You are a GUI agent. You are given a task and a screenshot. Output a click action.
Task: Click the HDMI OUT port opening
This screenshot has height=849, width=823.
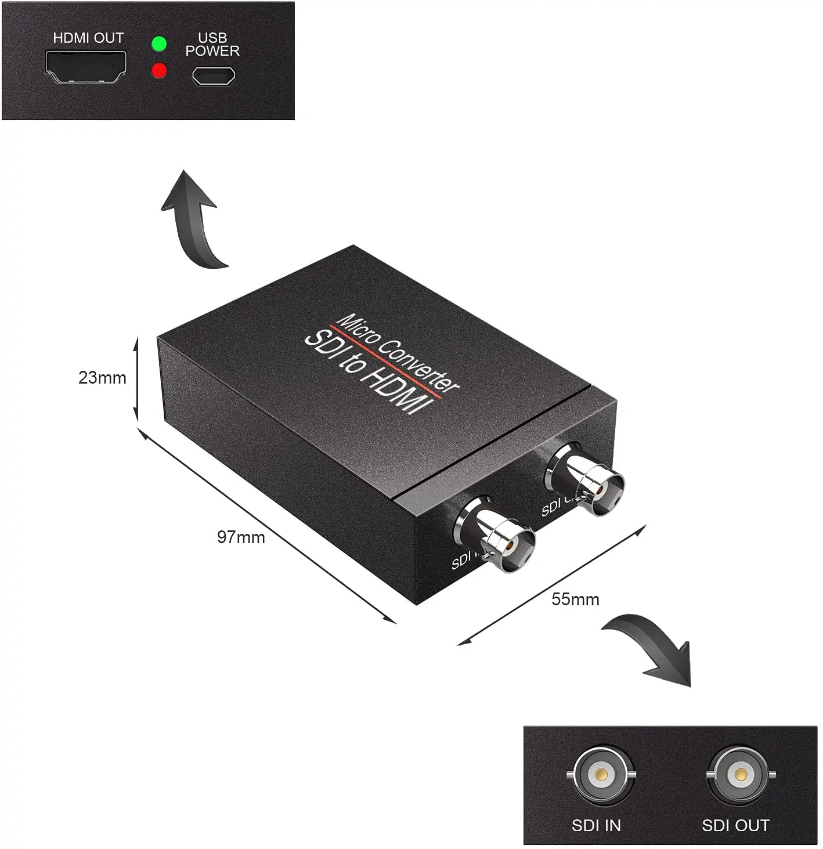(86, 66)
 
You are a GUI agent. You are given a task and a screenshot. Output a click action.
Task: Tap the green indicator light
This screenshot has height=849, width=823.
(158, 44)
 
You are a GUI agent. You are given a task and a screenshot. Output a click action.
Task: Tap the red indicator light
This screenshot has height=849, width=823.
(158, 71)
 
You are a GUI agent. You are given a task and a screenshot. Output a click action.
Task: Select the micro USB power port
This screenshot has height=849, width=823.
(214, 76)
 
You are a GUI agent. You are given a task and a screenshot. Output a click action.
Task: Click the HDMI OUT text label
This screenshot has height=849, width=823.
(88, 38)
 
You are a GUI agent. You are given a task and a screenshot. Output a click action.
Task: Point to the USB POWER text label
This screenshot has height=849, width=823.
(212, 45)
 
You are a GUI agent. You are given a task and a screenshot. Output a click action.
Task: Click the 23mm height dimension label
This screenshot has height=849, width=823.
(102, 378)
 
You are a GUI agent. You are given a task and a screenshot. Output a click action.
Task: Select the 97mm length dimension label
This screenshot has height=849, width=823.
(241, 537)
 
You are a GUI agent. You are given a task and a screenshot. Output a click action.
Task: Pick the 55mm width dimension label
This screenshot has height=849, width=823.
(575, 599)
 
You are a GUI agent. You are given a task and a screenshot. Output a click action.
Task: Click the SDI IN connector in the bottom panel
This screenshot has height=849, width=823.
(601, 774)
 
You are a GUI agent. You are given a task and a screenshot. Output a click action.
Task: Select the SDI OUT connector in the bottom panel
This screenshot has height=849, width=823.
(741, 774)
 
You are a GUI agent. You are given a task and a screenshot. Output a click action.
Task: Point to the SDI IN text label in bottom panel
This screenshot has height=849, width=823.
(596, 825)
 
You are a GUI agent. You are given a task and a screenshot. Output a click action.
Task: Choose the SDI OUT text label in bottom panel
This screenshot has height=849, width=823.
(735, 825)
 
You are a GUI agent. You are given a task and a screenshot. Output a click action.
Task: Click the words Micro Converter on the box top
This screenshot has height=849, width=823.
(398, 352)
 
